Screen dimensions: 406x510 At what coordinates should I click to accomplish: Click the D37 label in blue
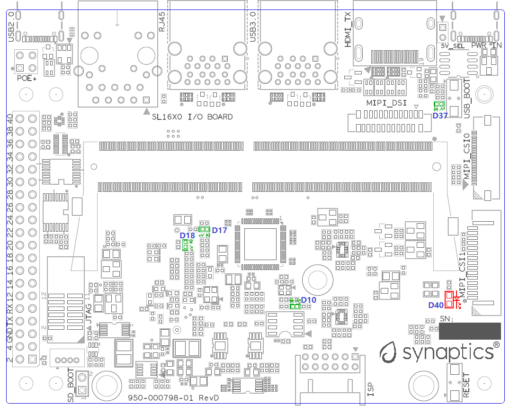[440, 115]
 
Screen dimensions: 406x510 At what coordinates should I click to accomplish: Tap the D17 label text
[219, 230]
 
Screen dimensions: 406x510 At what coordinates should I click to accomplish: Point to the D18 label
[188, 235]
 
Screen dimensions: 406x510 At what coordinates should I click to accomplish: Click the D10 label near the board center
[308, 300]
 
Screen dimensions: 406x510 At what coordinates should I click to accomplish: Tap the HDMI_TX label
[348, 29]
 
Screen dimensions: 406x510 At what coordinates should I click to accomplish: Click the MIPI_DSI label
[386, 102]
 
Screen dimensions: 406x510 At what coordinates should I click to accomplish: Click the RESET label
[467, 385]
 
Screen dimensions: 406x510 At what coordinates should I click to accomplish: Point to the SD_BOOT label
[71, 386]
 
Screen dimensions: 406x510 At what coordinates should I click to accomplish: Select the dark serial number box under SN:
[469, 331]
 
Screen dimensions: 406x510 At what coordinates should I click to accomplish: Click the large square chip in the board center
[259, 244]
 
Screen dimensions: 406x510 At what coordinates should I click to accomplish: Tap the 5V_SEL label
[453, 46]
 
